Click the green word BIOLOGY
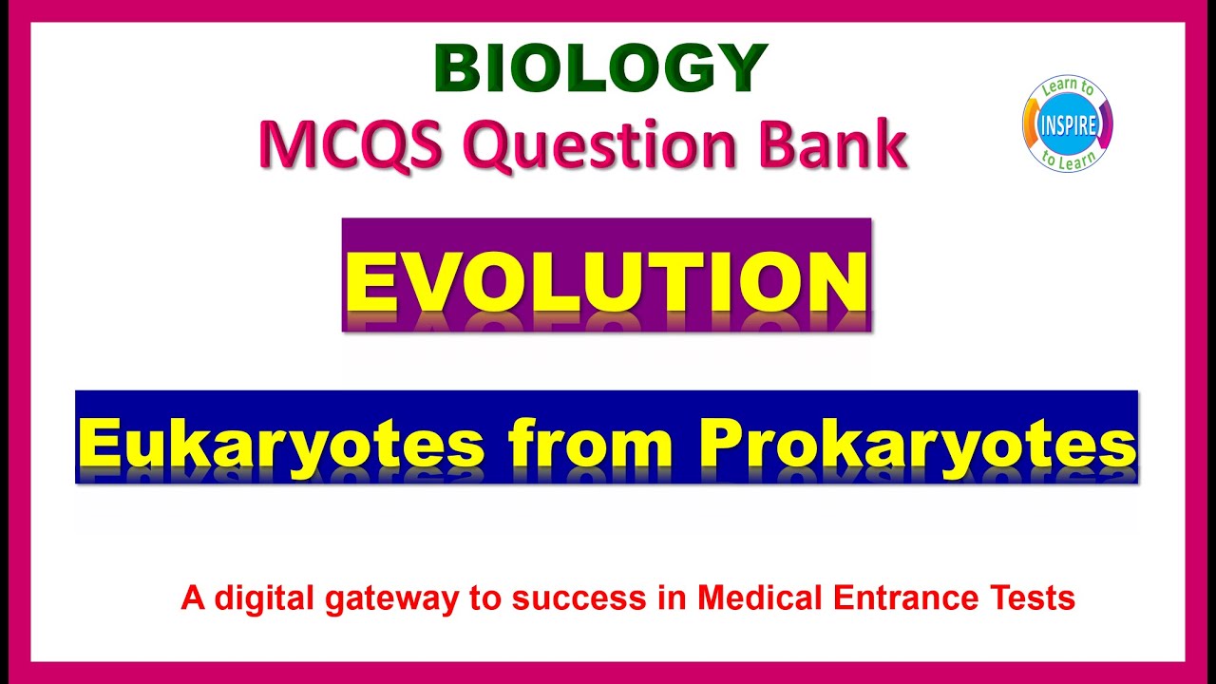click(600, 69)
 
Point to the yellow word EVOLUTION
click(606, 282)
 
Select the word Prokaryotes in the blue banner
click(919, 444)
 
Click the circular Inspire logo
click(1067, 124)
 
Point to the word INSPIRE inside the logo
click(1067, 124)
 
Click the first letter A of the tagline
click(193, 598)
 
